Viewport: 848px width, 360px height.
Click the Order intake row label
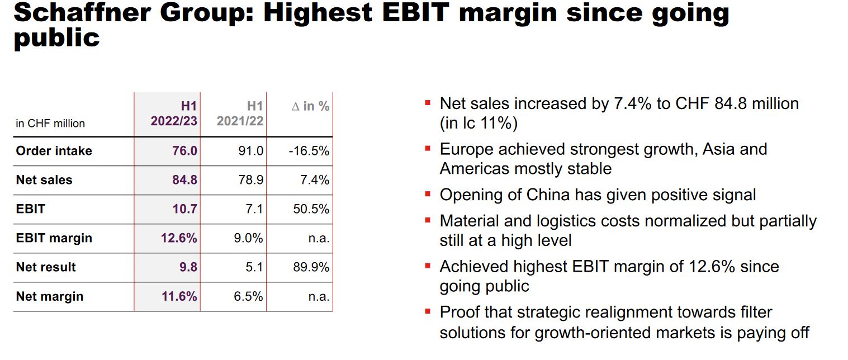[54, 151]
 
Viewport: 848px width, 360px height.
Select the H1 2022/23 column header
[174, 113]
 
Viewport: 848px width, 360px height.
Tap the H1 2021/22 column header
[240, 113]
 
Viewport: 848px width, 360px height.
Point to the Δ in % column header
[310, 106]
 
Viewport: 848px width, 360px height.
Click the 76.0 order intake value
[185, 151]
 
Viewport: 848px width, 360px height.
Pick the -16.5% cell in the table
[309, 151]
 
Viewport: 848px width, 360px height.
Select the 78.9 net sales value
[252, 180]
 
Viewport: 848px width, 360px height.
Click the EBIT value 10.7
[185, 209]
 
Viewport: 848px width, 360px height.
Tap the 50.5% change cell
[311, 209]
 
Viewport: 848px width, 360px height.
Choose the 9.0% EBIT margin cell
[248, 238]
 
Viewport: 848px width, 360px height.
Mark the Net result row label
[46, 267]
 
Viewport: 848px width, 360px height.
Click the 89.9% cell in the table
[311, 267]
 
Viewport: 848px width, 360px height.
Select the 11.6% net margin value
[179, 296]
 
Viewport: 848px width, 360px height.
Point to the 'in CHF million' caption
[50, 124]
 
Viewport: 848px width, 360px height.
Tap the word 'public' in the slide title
[56, 39]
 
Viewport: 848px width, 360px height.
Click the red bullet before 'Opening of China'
[428, 195]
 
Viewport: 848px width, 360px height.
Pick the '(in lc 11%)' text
[479, 123]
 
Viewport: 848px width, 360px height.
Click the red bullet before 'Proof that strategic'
[428, 311]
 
